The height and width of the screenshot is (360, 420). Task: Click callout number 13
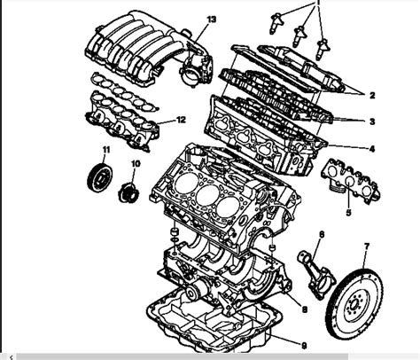[212, 20]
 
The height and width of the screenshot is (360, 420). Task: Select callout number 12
[181, 120]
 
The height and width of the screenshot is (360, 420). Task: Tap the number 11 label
[106, 150]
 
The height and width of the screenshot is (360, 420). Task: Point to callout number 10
[136, 163]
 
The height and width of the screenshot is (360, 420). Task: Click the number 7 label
[367, 247]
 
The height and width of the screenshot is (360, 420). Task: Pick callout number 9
[304, 346]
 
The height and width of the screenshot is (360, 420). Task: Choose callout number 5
[348, 212]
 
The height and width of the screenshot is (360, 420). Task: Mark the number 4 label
[372, 149]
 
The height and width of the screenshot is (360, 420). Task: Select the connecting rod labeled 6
[316, 274]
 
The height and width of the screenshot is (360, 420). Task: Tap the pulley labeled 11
[100, 178]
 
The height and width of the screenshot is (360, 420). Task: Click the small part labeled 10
[128, 193]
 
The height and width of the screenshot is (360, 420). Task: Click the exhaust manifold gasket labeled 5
[350, 182]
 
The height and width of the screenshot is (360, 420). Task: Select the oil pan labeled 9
[214, 322]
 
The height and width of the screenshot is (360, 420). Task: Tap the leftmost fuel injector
[276, 23]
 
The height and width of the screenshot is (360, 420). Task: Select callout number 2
[372, 95]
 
